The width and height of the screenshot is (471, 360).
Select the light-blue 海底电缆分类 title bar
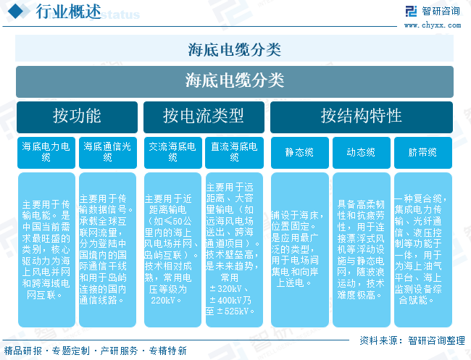pyautogui.click(x=235, y=50)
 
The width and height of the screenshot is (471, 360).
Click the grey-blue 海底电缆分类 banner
pyautogui.click(x=235, y=80)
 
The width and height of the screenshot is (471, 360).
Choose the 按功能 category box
pyautogui.click(x=77, y=117)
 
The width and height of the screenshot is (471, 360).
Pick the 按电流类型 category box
pyautogui.click(x=204, y=117)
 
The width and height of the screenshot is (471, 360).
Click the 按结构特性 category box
pyautogui.click(x=362, y=117)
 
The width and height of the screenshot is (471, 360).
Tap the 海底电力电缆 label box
pyautogui.click(x=46, y=151)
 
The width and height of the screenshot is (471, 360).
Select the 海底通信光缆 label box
pyautogui.click(x=107, y=151)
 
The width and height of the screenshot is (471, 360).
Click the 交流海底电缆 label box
pyautogui.click(x=172, y=151)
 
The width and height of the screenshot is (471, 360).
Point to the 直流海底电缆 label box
pyautogui.click(x=234, y=151)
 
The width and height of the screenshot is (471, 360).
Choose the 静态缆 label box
pyautogui.click(x=299, y=152)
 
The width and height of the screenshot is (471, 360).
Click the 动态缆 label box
pyautogui.click(x=361, y=152)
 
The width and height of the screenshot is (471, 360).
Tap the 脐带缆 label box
pyautogui.click(x=422, y=152)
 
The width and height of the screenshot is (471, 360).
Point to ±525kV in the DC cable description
pyautogui.click(x=238, y=311)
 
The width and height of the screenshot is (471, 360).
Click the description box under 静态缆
pyautogui.click(x=299, y=248)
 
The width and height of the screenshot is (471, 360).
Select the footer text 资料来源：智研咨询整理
pyautogui.click(x=412, y=340)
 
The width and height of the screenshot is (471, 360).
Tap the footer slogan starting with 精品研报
pyautogui.click(x=95, y=351)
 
